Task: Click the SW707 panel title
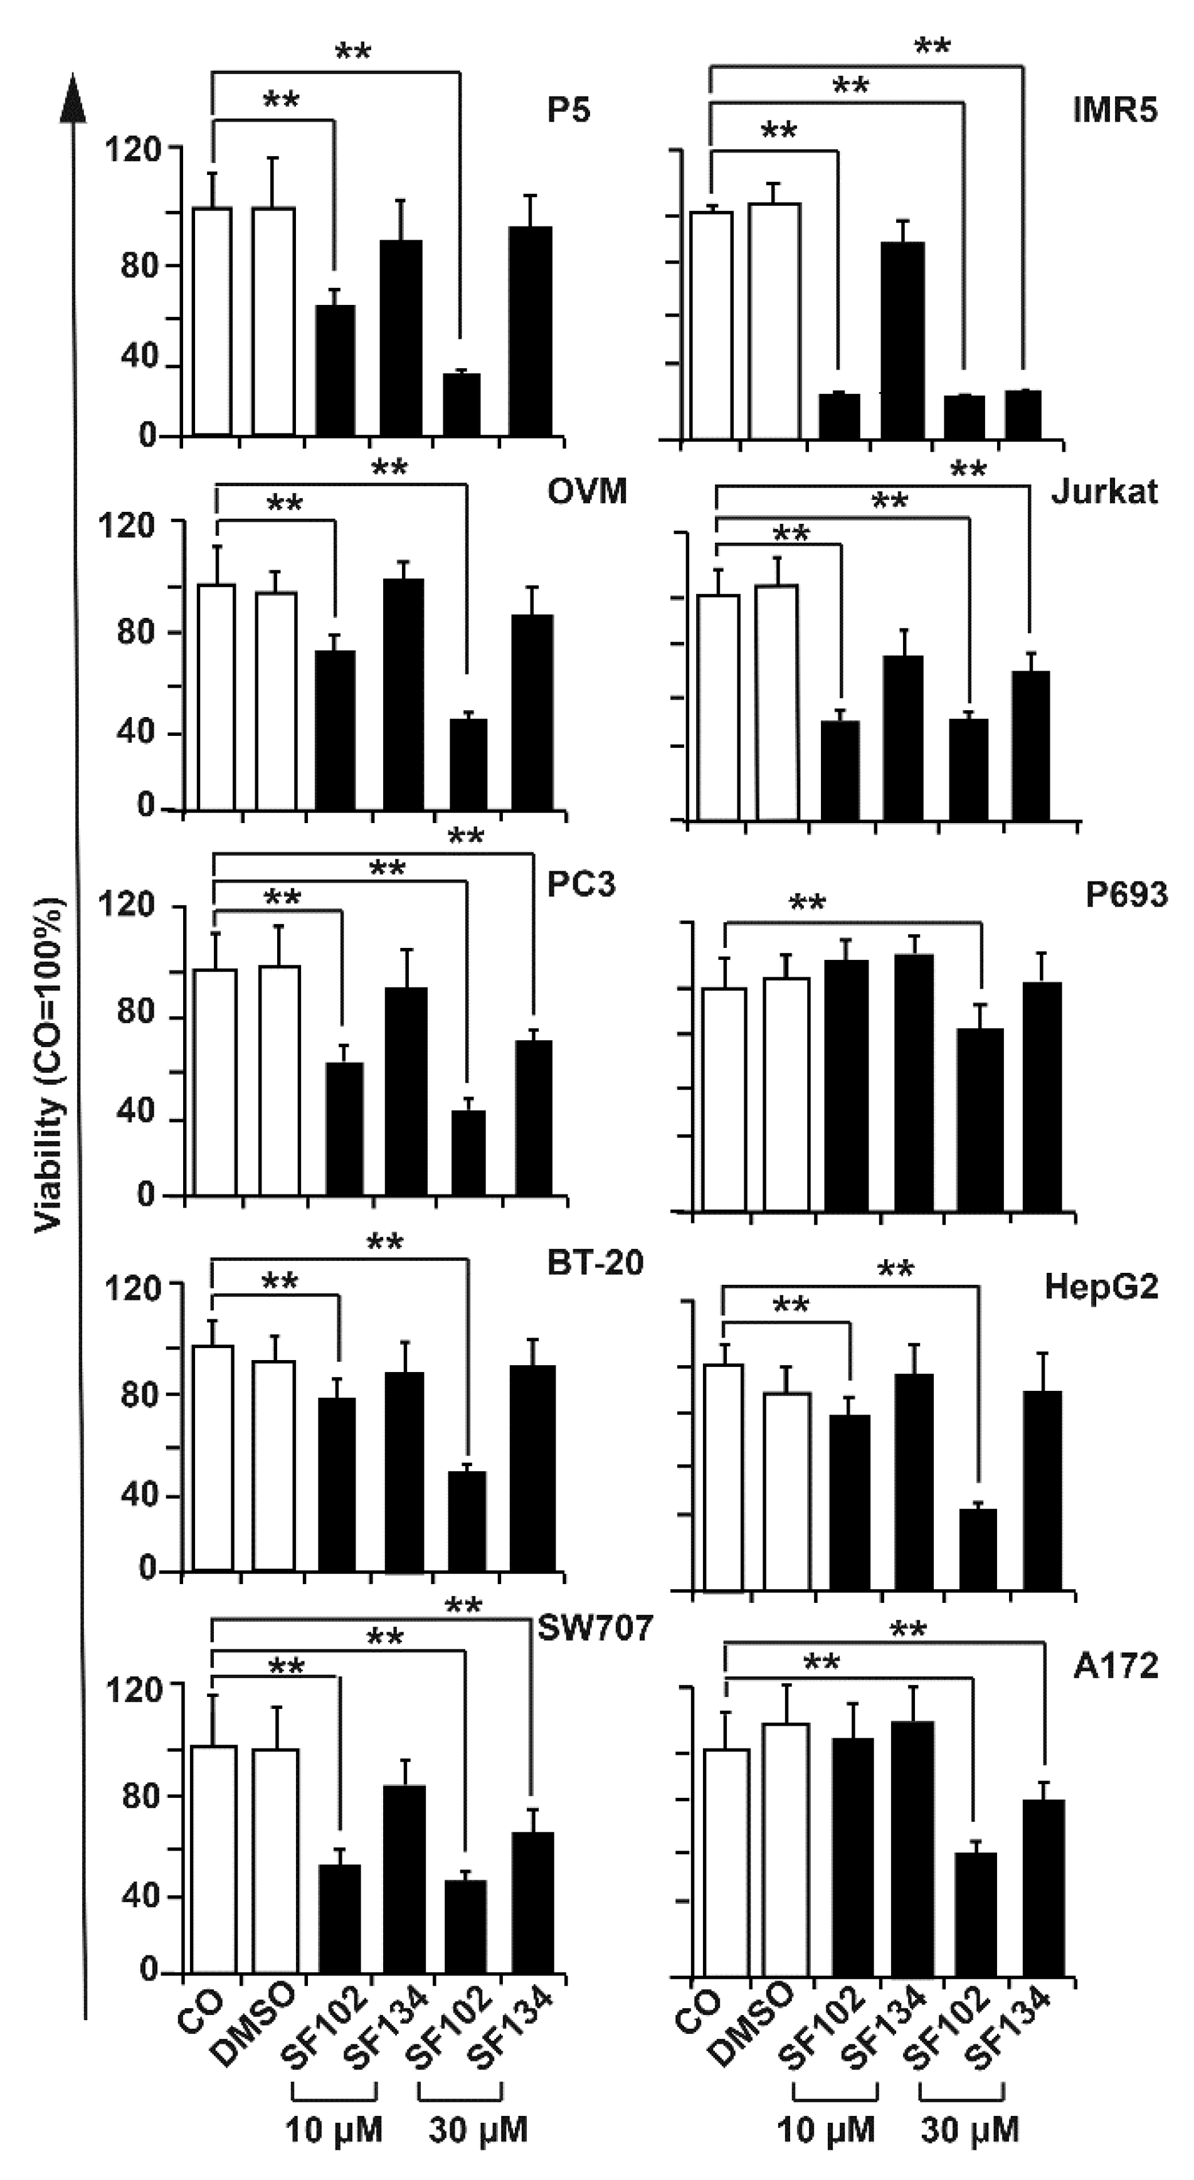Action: pyautogui.click(x=596, y=1627)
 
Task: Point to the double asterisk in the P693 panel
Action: pyautogui.click(x=806, y=902)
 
